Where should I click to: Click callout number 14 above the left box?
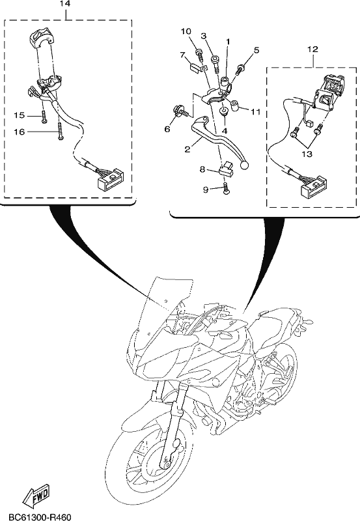[65, 4]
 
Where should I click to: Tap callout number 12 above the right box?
[313, 49]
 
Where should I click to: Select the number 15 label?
[20, 115]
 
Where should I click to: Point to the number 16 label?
[20, 132]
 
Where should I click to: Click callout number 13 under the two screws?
[307, 154]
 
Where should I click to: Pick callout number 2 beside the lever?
[187, 149]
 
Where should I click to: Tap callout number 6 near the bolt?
[167, 128]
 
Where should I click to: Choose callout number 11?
[255, 111]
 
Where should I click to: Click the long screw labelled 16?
[60, 132]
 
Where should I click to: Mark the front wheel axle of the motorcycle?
[165, 461]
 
